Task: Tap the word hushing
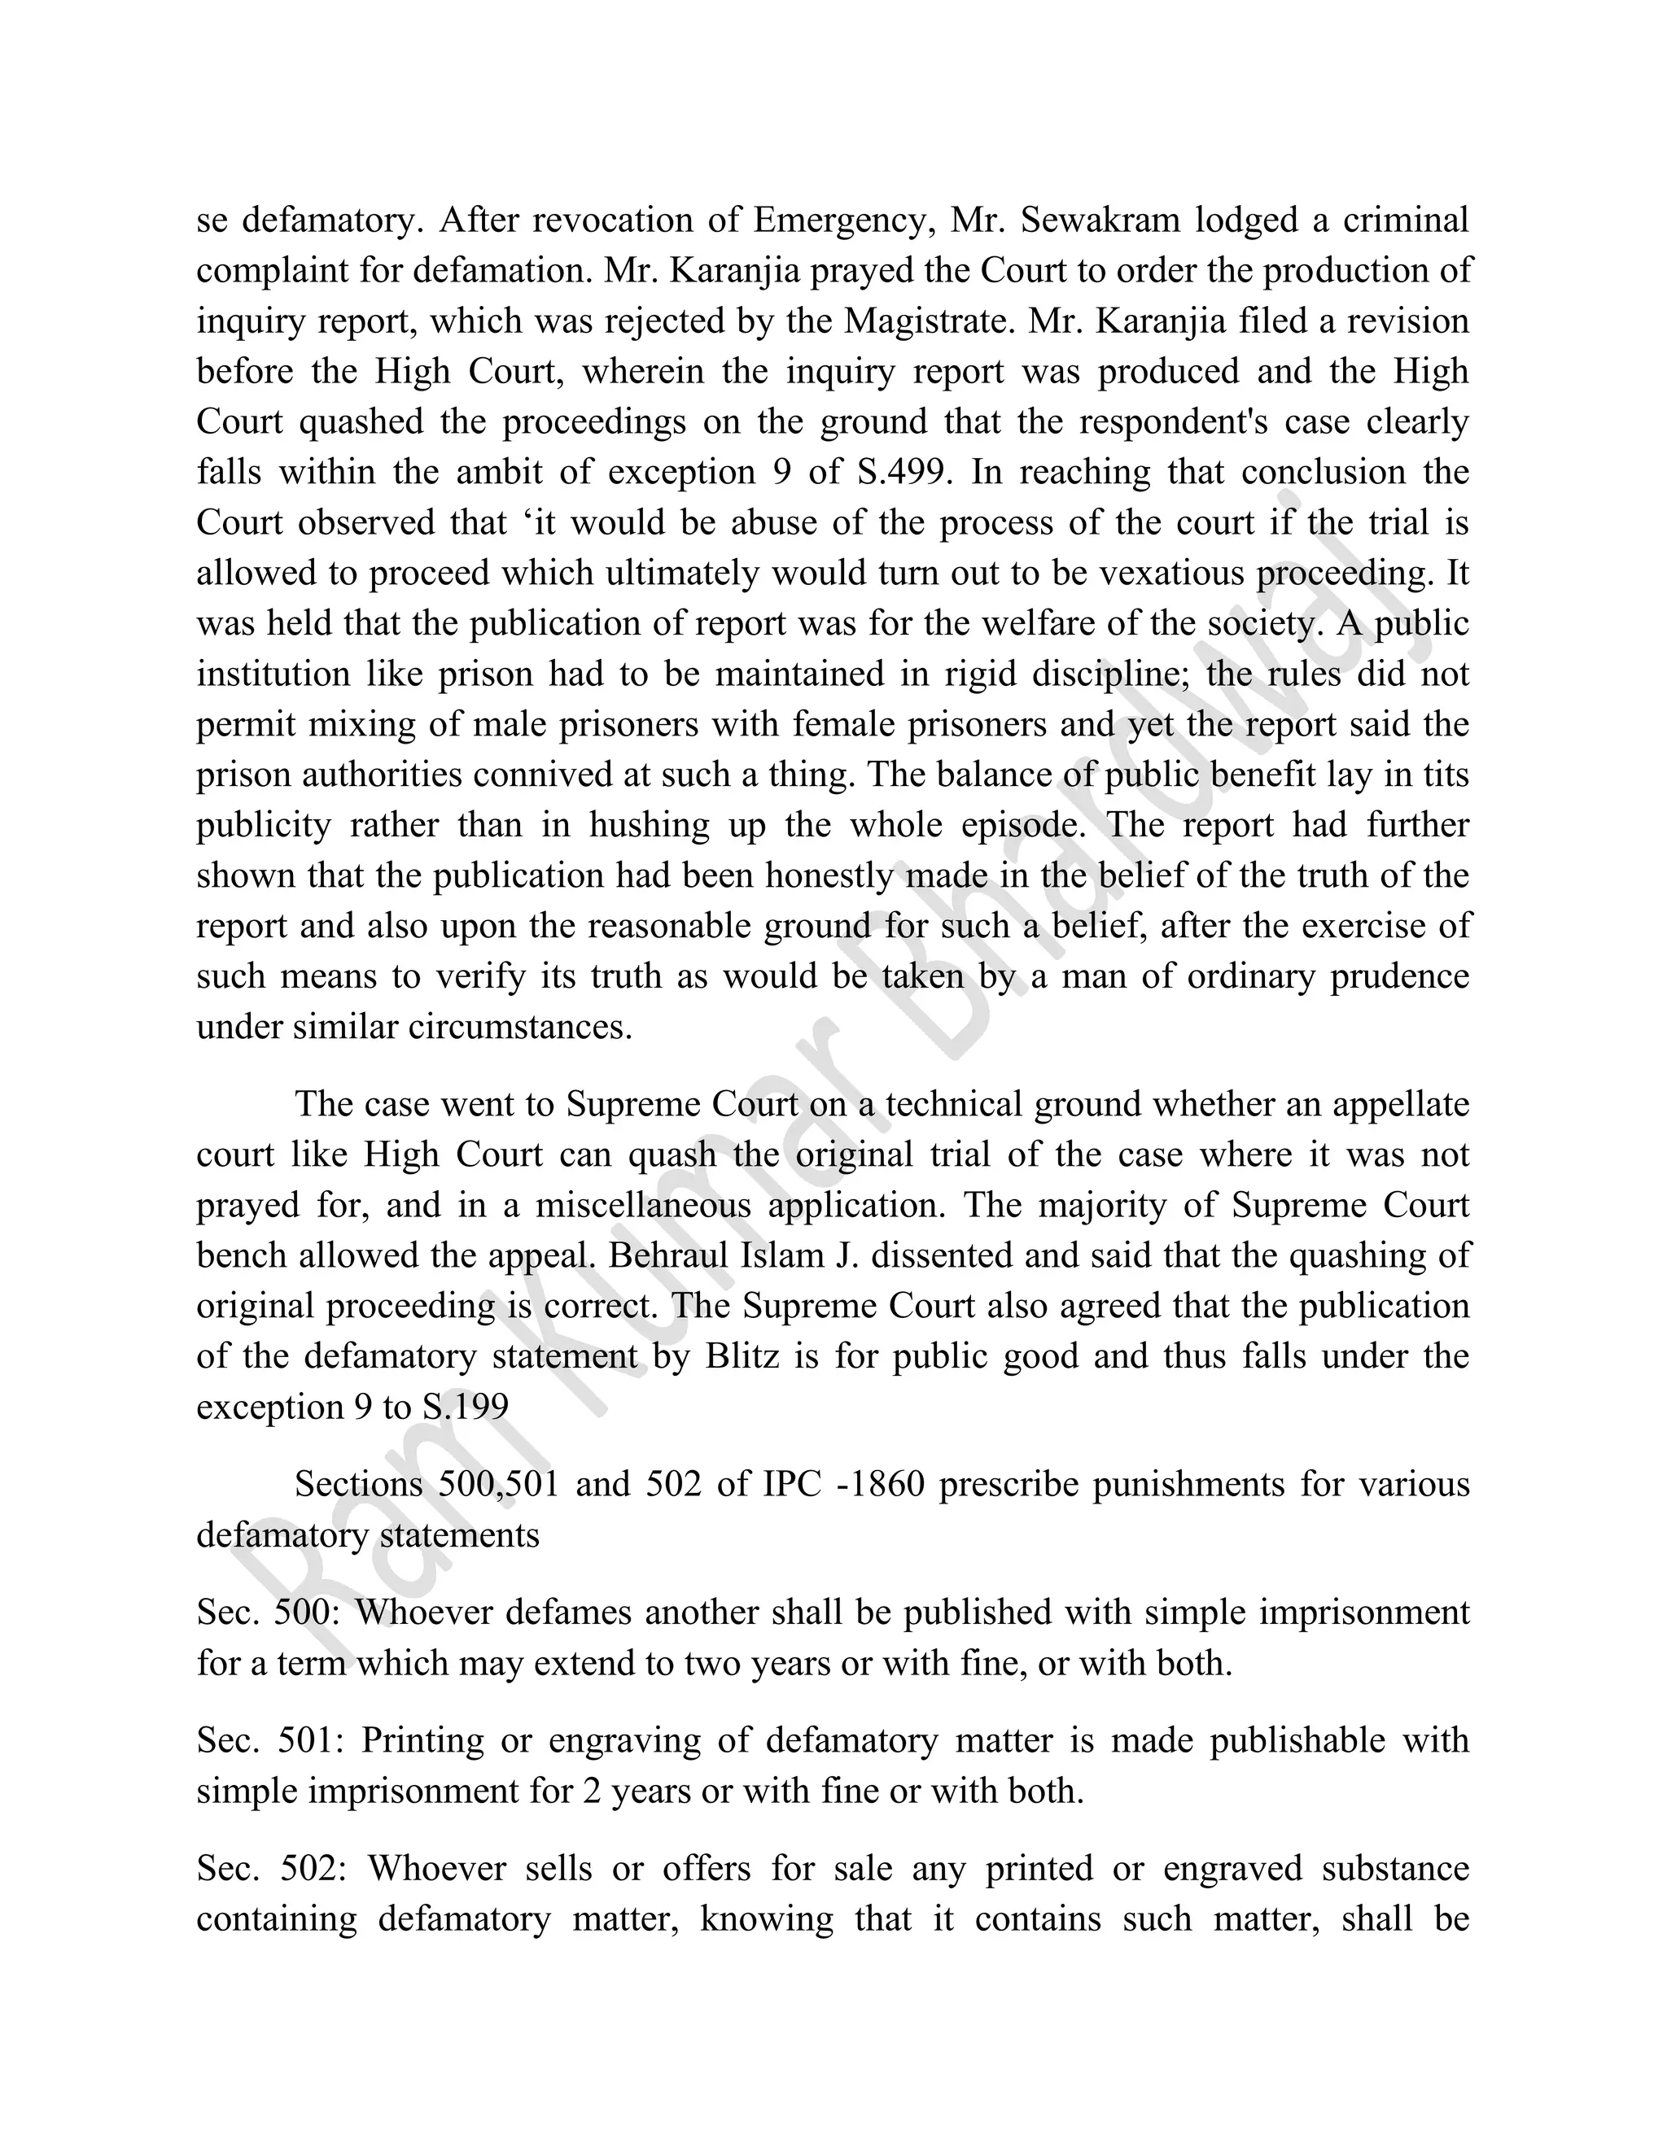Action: tap(649, 825)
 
